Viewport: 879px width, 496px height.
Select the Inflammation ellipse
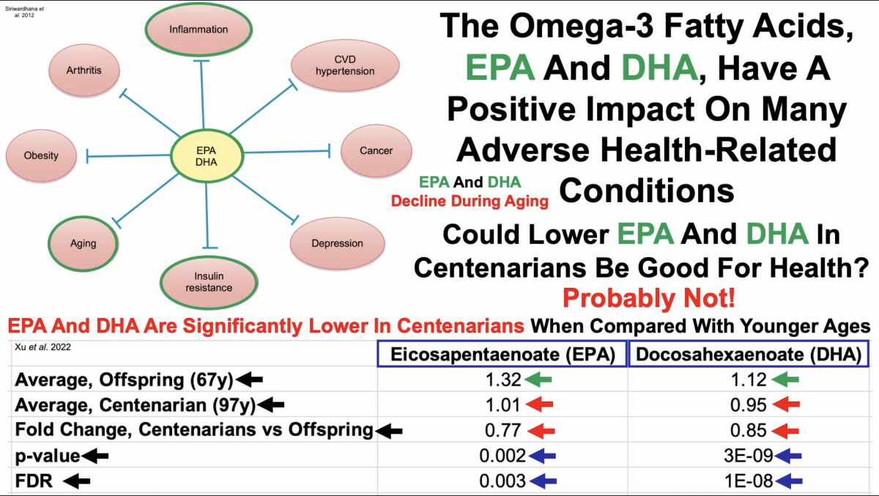199,30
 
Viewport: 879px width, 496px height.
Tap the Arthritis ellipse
84,70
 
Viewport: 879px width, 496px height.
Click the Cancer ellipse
376,151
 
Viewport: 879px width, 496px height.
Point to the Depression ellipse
337,243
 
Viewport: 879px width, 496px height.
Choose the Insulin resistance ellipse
209,281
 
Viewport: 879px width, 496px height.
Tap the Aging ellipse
83,243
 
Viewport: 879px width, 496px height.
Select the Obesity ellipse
41,155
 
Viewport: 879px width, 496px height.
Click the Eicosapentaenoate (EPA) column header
502,355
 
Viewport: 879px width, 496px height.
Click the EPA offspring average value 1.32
502,380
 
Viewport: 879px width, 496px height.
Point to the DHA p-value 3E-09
747,456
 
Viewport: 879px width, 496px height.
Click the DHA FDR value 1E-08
747,481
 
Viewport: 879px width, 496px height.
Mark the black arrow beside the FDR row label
77,481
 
